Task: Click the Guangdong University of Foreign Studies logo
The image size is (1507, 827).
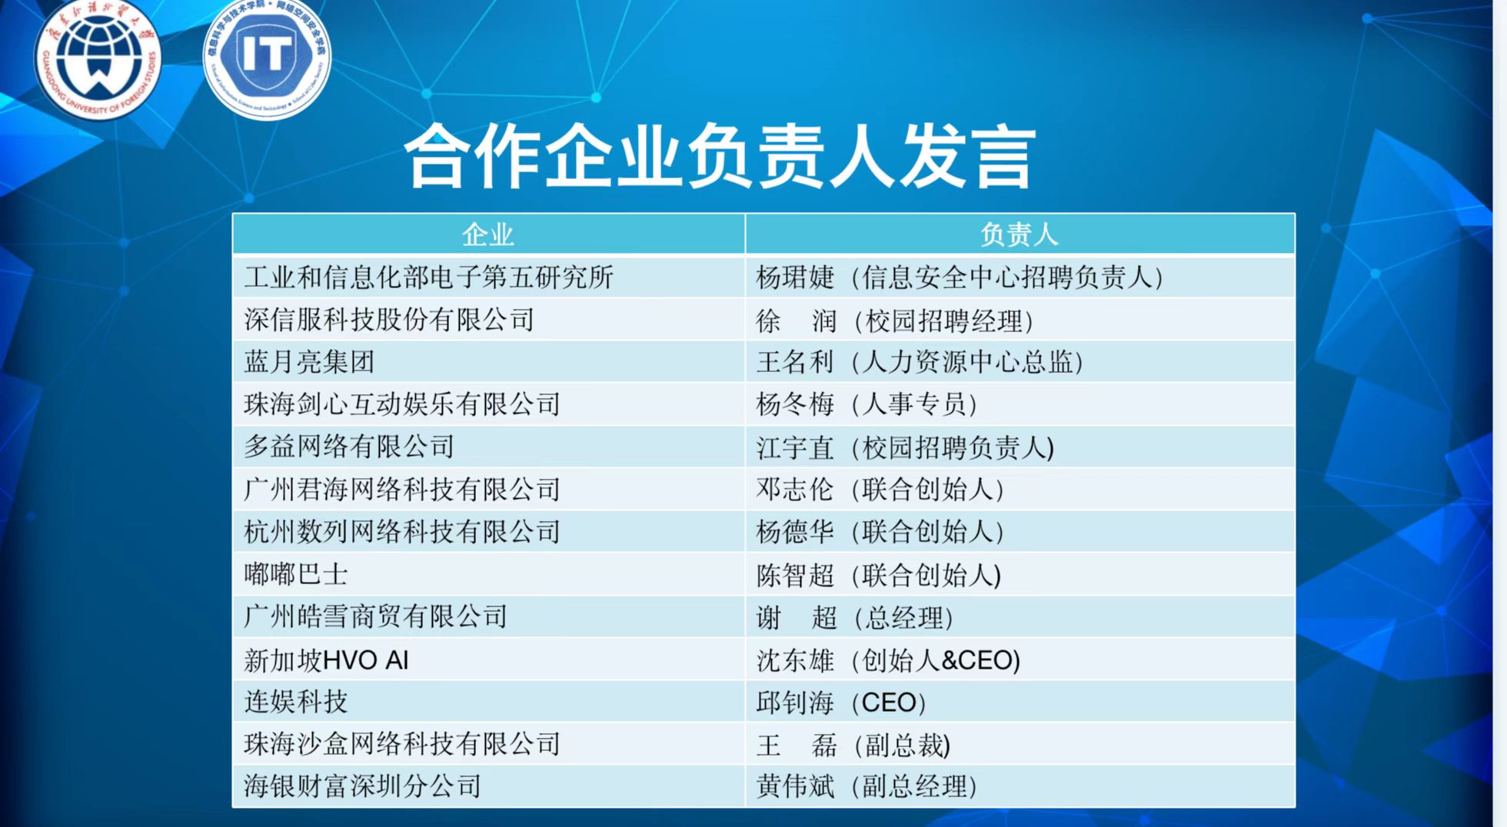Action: (98, 58)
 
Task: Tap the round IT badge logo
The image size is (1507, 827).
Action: (267, 58)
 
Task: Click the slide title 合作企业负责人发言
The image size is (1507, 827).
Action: (720, 157)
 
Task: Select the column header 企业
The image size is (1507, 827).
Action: (487, 234)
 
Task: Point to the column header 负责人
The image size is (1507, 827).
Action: (1019, 234)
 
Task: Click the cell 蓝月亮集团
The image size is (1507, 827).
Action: (309, 361)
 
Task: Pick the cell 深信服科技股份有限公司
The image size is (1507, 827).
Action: (389, 320)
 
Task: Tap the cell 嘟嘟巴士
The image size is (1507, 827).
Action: (296, 574)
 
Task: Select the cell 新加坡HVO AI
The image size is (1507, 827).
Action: (326, 660)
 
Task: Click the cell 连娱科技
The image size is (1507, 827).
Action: (296, 702)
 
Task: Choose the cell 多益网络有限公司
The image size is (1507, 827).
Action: (349, 447)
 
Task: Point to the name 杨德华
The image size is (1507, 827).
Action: (795, 532)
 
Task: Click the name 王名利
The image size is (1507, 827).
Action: (795, 361)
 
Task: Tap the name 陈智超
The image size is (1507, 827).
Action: (795, 575)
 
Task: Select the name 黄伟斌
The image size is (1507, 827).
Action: (795, 786)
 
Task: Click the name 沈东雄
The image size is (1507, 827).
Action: (795, 660)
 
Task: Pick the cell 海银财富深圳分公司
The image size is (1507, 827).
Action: (362, 786)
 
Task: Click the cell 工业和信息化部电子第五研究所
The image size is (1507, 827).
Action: (428, 277)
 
